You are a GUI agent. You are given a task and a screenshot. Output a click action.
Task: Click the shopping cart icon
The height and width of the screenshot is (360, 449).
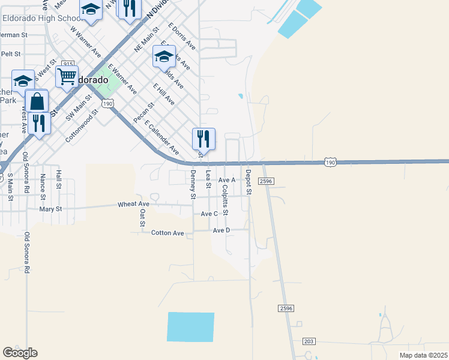pos(67,77)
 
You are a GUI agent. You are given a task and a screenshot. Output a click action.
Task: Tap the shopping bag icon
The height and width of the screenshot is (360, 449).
pos(37,101)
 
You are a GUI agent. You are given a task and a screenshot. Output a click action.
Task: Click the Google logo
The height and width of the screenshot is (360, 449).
pos(20,353)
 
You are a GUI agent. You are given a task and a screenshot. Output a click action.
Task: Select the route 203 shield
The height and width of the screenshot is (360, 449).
pos(309,341)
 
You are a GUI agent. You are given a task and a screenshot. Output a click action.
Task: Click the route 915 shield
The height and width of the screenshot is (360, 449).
pos(67,64)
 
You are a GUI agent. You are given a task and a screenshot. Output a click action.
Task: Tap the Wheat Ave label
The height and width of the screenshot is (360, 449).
pos(133,204)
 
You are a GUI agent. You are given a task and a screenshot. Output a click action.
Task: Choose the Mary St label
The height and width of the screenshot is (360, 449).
pos(50,209)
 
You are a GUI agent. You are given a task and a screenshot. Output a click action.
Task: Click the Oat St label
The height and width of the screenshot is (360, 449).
pos(142,218)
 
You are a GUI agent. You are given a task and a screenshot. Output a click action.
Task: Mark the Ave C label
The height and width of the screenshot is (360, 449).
pos(209,214)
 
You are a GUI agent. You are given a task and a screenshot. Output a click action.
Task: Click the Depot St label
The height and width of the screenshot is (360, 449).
pos(248,182)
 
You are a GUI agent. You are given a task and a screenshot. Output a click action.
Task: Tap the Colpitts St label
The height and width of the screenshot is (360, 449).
pos(224,200)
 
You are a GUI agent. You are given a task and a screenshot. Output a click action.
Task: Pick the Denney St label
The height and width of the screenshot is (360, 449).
pos(193,184)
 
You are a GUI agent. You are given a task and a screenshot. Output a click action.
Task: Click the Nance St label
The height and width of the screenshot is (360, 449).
pos(43,187)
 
